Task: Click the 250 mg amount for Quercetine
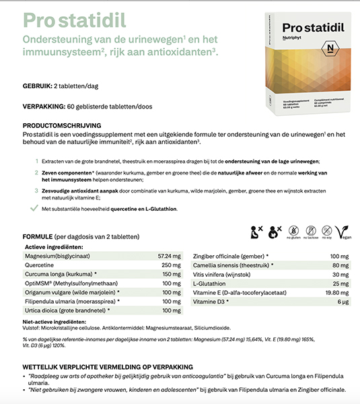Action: pos(172,265)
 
